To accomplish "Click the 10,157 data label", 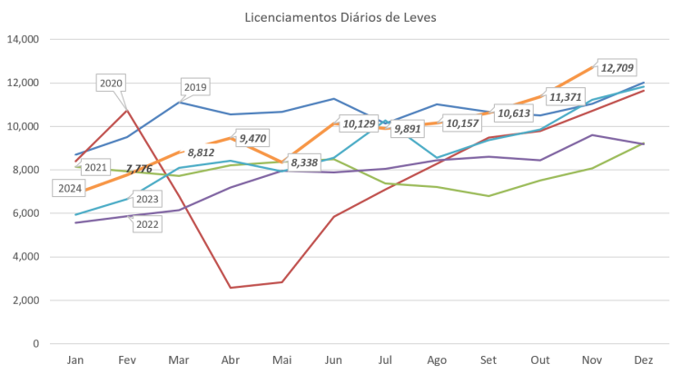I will (465, 123).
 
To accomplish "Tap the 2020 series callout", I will (111, 84).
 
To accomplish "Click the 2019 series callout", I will (196, 87).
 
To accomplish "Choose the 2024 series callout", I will (70, 189).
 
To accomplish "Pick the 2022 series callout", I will (147, 225).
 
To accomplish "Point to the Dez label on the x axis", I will (643, 360).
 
